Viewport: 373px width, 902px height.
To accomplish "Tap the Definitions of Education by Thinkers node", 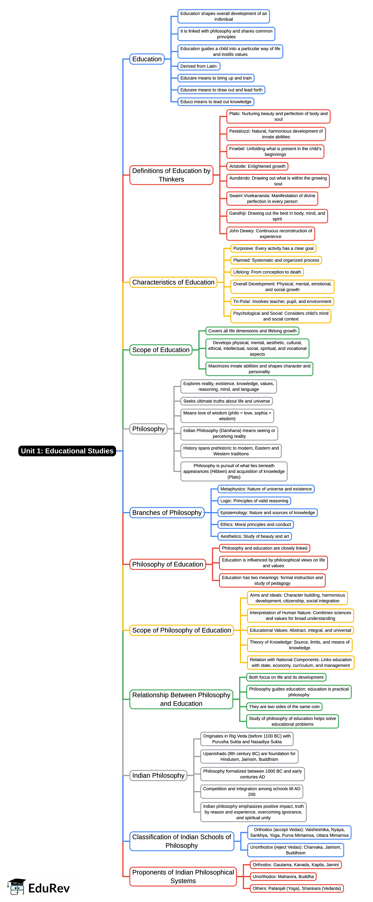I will (x=171, y=175).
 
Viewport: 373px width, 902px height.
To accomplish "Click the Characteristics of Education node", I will (x=173, y=282).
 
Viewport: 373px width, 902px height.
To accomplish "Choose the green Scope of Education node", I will (x=161, y=350).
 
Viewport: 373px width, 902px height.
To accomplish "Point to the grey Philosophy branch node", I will (x=148, y=429).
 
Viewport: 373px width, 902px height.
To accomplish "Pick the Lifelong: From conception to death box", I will (x=267, y=272).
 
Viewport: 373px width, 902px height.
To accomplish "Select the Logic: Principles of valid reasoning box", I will (x=254, y=501).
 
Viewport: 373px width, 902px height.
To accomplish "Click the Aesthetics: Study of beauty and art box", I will (x=255, y=536).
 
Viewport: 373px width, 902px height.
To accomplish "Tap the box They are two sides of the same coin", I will (x=284, y=707).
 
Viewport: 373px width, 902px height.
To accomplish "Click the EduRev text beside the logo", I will (x=49, y=888).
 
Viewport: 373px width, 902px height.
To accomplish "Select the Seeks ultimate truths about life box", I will (x=227, y=401).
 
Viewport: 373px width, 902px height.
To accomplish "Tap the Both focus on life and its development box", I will (x=286, y=677).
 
